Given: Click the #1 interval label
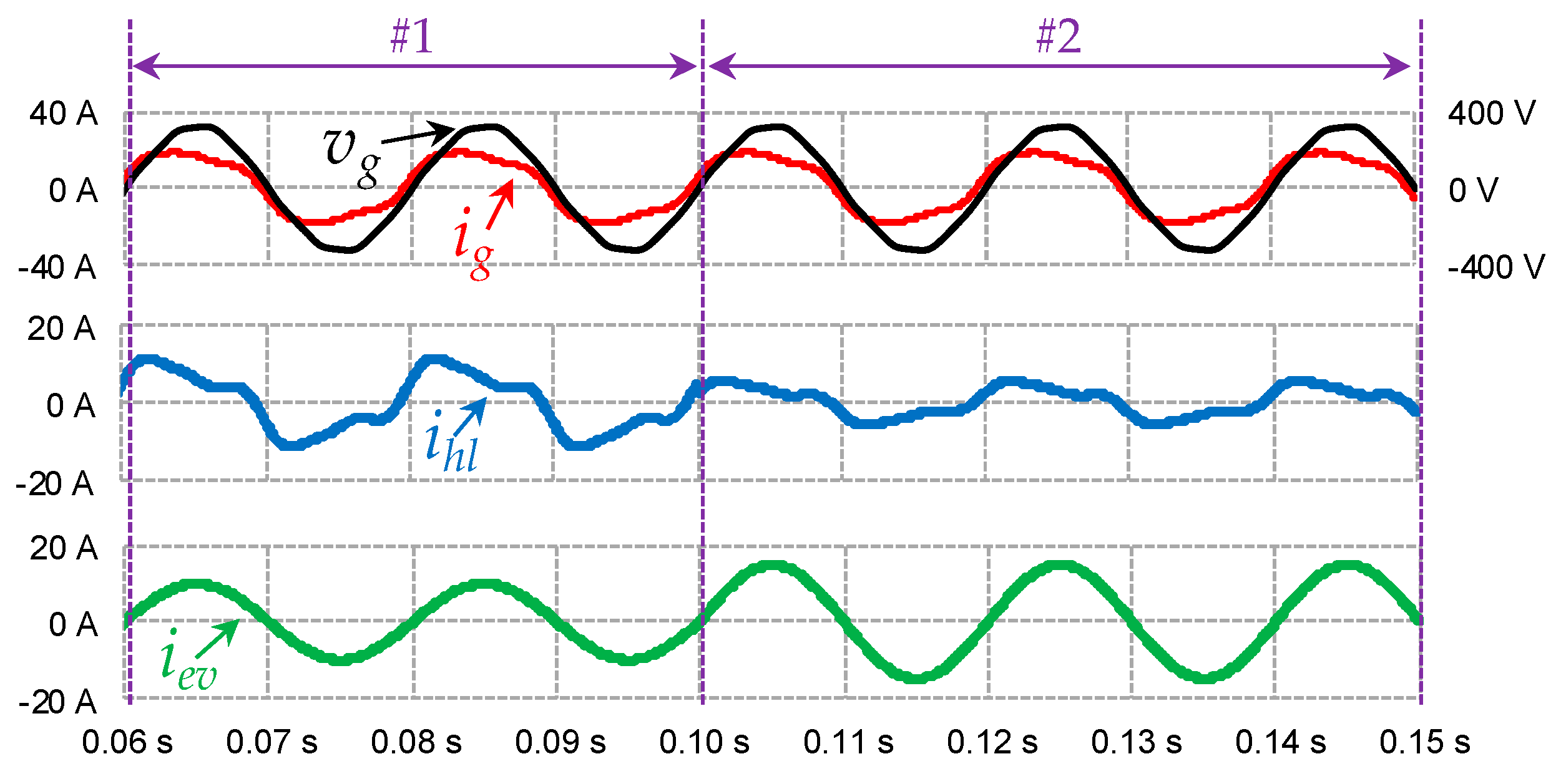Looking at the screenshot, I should pos(411,37).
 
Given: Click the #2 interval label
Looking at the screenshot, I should pos(1059,37).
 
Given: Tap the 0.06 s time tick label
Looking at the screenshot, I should pos(127,742).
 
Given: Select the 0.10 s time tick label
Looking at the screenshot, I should pos(705,742).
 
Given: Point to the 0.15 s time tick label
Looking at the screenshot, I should pos(1425,742).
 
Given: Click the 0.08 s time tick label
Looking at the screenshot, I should pos(416,742).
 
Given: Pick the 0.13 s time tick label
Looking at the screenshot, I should pos(1137,742).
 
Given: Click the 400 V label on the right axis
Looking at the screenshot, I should pos(1491,114).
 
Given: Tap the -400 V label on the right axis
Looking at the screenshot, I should pos(1495,267).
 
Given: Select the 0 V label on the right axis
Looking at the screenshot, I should pos(1473,190).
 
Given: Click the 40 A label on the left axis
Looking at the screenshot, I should pos(64,114).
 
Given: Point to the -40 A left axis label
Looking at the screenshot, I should pos(57,268).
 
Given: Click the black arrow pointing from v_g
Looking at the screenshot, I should pos(418,135).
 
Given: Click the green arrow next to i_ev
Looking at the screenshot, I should pos(217,639).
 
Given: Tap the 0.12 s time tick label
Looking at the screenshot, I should pos(992,742).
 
